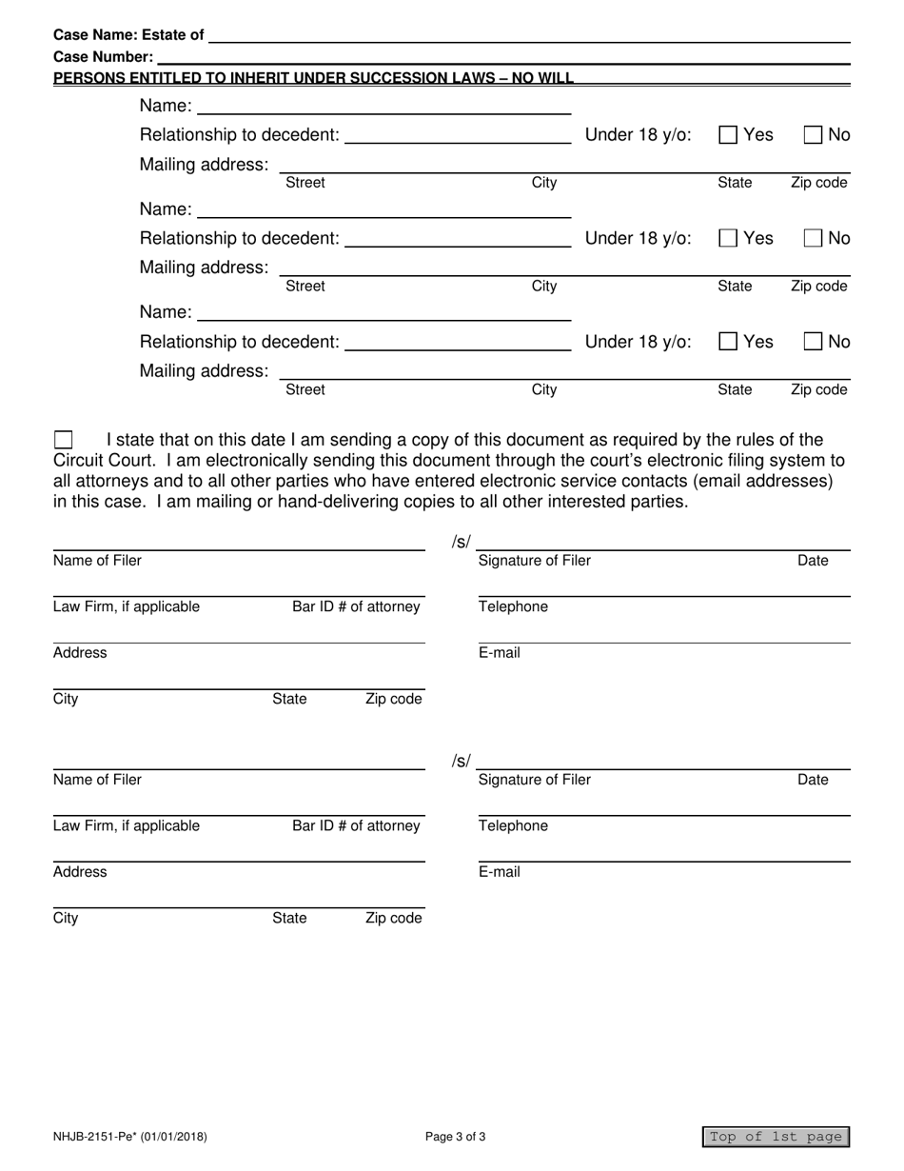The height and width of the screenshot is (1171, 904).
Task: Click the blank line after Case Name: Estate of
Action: [528, 35]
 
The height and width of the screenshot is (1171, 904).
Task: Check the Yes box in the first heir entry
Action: [728, 135]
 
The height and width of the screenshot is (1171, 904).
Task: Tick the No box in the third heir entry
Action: [814, 342]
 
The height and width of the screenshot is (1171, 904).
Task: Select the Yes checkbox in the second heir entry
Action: [728, 239]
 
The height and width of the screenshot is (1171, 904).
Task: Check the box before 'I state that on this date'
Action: [63, 440]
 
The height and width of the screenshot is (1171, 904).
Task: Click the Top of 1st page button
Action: [776, 1137]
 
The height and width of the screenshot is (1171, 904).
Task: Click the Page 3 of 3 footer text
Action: [456, 1137]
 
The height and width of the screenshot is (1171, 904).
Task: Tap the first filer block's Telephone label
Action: [513, 607]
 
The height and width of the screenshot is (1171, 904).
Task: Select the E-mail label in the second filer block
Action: [500, 872]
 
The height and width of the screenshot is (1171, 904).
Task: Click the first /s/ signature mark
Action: [461, 543]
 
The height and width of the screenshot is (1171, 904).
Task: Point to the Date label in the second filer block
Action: [813, 781]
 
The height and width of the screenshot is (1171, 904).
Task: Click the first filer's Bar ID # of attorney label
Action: [356, 607]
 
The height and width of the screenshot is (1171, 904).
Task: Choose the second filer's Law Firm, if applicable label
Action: [127, 826]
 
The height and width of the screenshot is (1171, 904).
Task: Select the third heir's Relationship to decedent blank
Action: [457, 342]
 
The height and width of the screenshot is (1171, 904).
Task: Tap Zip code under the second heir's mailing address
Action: [818, 287]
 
